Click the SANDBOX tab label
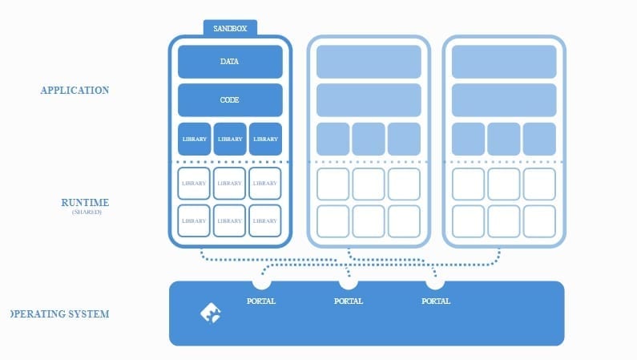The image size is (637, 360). click(230, 28)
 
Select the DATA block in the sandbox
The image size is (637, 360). click(230, 61)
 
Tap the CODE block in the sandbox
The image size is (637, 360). click(230, 100)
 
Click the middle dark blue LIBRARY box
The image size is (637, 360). click(230, 139)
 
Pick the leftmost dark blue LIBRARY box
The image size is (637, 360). click(194, 139)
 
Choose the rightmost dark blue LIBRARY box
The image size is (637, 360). click(265, 139)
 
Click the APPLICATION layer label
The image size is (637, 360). click(75, 91)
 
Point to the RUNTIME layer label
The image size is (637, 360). click(85, 203)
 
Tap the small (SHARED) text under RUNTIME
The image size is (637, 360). click(87, 212)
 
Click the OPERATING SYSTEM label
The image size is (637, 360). click(60, 313)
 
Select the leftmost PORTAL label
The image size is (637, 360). click(261, 301)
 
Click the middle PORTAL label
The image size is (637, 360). click(348, 301)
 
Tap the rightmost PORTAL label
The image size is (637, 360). click(435, 301)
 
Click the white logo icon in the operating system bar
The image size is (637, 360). click(210, 313)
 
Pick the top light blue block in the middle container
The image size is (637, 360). click(369, 62)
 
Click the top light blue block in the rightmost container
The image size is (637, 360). click(504, 62)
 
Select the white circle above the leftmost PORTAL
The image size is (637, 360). click(261, 281)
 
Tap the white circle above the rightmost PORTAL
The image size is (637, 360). click(435, 281)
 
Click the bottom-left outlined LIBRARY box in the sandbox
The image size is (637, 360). click(194, 220)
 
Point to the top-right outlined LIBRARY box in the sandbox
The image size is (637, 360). click(265, 184)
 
